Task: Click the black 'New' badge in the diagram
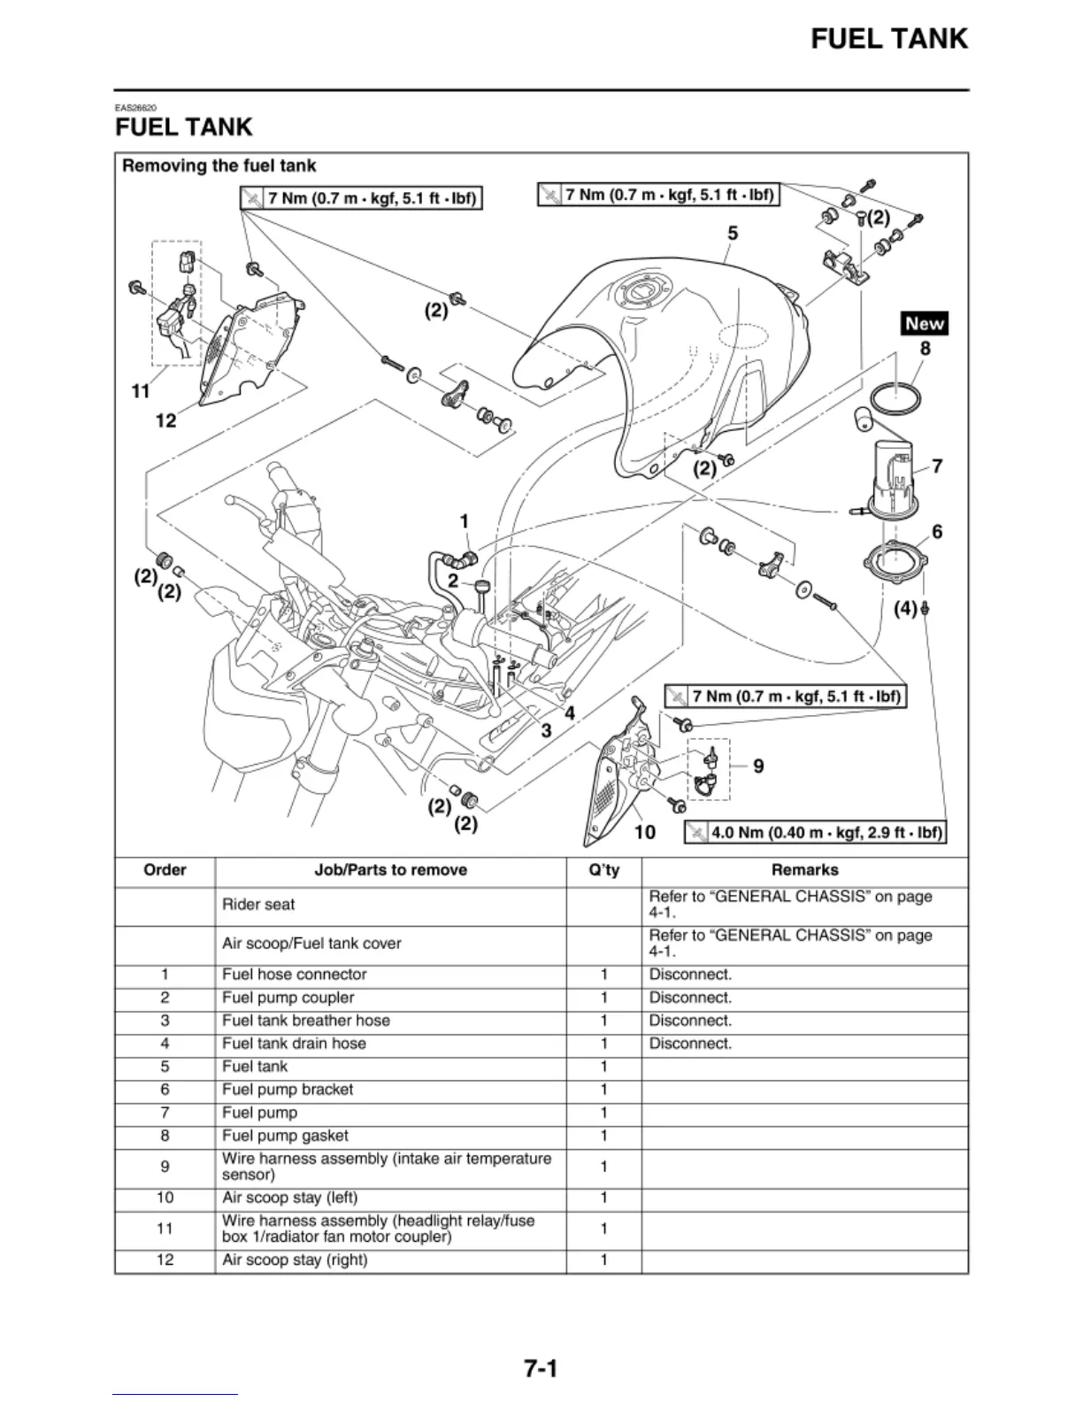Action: point(925,324)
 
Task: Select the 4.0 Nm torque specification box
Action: point(815,833)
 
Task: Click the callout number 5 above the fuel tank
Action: point(733,234)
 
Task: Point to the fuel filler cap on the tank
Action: point(644,293)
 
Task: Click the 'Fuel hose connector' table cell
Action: point(295,974)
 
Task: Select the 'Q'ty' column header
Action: point(603,870)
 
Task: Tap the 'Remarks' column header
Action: point(804,870)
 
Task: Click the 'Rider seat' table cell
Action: point(258,905)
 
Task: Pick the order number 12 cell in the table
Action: point(165,1259)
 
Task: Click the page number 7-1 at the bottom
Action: point(541,1369)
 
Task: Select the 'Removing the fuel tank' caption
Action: point(219,166)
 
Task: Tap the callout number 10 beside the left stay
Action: point(645,832)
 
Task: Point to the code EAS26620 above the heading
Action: point(136,109)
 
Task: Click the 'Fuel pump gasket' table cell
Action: point(285,1136)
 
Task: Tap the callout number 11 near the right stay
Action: point(141,390)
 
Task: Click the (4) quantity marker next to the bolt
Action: point(905,609)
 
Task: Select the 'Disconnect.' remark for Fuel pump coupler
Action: point(690,998)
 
